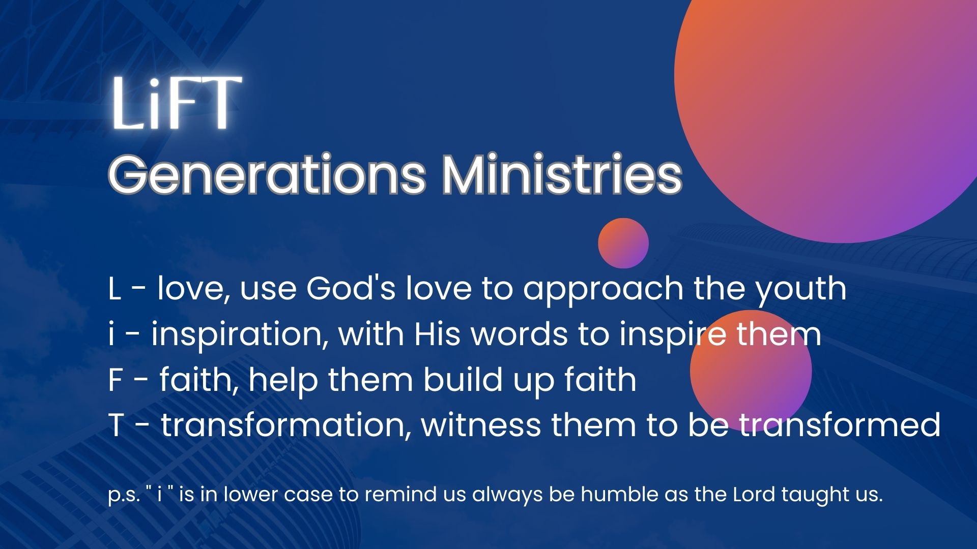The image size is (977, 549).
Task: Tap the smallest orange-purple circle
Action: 623,243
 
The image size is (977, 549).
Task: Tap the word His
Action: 437,334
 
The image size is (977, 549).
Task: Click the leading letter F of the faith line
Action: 117,380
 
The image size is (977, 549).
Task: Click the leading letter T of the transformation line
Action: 117,425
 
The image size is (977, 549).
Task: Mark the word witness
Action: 481,425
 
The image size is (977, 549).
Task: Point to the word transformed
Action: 840,424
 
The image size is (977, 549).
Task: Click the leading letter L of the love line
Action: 115,289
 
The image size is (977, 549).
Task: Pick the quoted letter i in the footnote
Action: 159,494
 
